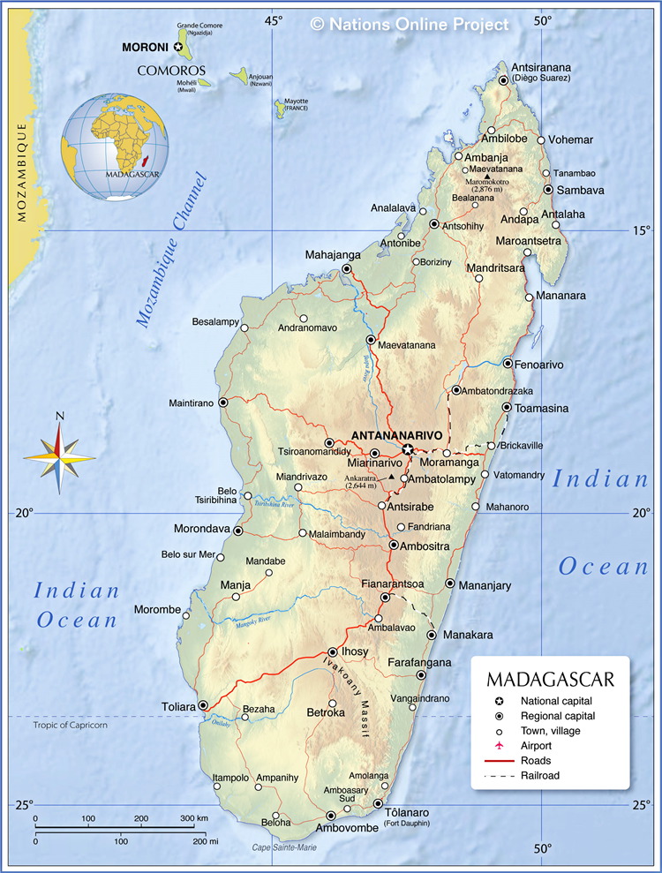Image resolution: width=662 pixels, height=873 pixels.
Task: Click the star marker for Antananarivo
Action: point(408,449)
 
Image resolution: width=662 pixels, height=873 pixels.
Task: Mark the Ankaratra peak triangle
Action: point(391,478)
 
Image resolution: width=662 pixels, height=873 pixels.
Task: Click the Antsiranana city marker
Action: point(503,80)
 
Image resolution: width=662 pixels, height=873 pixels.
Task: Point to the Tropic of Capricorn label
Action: point(70,725)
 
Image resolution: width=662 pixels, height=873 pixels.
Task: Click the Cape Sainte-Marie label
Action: point(284,847)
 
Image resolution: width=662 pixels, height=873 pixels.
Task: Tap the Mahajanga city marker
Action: point(347,269)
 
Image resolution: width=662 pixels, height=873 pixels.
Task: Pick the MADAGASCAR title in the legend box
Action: point(550,681)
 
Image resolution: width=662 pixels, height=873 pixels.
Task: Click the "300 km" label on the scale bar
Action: point(196,818)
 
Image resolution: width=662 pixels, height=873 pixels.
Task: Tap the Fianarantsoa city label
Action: point(393,583)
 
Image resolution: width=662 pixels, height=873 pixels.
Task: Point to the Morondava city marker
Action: point(237,531)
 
